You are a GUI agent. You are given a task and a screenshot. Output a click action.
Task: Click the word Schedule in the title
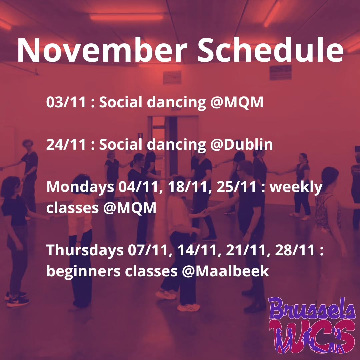click(x=270, y=50)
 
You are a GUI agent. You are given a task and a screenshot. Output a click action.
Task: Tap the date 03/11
click(x=66, y=102)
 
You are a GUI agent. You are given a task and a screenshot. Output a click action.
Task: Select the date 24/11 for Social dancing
click(x=66, y=145)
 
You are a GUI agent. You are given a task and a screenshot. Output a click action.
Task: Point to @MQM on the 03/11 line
click(x=237, y=102)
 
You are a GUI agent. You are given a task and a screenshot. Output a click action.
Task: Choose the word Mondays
click(x=80, y=187)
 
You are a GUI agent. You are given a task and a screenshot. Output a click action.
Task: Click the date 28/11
click(x=295, y=250)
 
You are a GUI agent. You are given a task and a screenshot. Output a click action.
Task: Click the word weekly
click(x=296, y=187)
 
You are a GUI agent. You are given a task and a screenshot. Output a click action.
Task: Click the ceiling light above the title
click(x=126, y=17)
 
